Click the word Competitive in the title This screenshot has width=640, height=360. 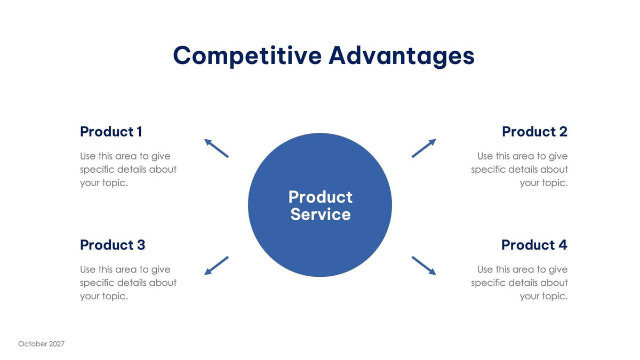[x=247, y=56]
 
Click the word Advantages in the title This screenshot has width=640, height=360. [x=401, y=56]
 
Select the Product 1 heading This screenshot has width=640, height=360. [x=111, y=132]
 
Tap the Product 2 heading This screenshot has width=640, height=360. [x=534, y=132]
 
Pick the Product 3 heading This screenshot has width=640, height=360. [x=113, y=245]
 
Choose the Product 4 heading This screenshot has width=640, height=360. [x=534, y=245]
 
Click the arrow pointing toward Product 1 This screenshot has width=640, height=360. [x=217, y=148]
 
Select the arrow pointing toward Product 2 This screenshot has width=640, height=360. [x=423, y=148]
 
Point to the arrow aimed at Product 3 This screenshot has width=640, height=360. [x=217, y=266]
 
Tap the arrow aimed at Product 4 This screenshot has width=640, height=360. [x=423, y=266]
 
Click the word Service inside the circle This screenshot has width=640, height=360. [x=321, y=214]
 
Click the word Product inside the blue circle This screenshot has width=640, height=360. [x=321, y=197]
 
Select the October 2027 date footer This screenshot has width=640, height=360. [x=41, y=344]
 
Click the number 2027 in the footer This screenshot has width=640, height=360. [x=57, y=344]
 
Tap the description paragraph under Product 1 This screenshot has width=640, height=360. [x=128, y=170]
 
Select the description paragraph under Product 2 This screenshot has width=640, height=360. [x=519, y=170]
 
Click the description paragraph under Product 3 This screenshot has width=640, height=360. [x=128, y=283]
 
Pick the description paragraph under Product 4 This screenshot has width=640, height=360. [x=519, y=283]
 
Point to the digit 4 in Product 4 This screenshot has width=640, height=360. [x=562, y=245]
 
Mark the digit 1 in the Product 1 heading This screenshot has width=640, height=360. [x=139, y=132]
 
